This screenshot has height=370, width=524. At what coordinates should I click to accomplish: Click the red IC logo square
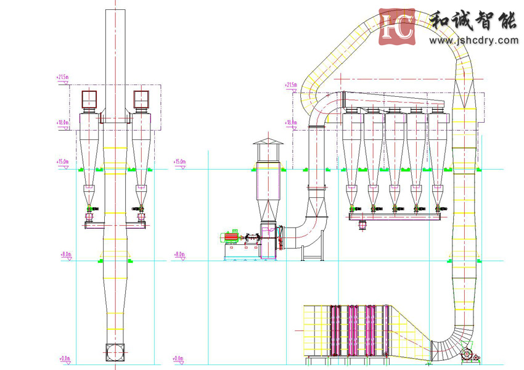(398, 27)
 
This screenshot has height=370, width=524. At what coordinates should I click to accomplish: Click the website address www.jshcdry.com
(473, 41)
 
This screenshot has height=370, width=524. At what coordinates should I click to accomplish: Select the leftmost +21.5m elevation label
(62, 78)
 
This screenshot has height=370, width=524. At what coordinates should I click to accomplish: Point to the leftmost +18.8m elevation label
(62, 123)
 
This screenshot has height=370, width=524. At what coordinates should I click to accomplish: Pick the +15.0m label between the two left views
(179, 162)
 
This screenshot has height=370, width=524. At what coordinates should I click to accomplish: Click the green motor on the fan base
(231, 237)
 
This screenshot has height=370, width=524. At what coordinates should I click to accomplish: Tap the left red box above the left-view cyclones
(90, 99)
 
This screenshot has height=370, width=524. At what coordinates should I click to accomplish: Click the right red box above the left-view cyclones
(141, 99)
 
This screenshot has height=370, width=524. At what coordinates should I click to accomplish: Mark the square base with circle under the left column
(115, 351)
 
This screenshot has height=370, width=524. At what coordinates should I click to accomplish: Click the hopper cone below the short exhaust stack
(268, 210)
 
